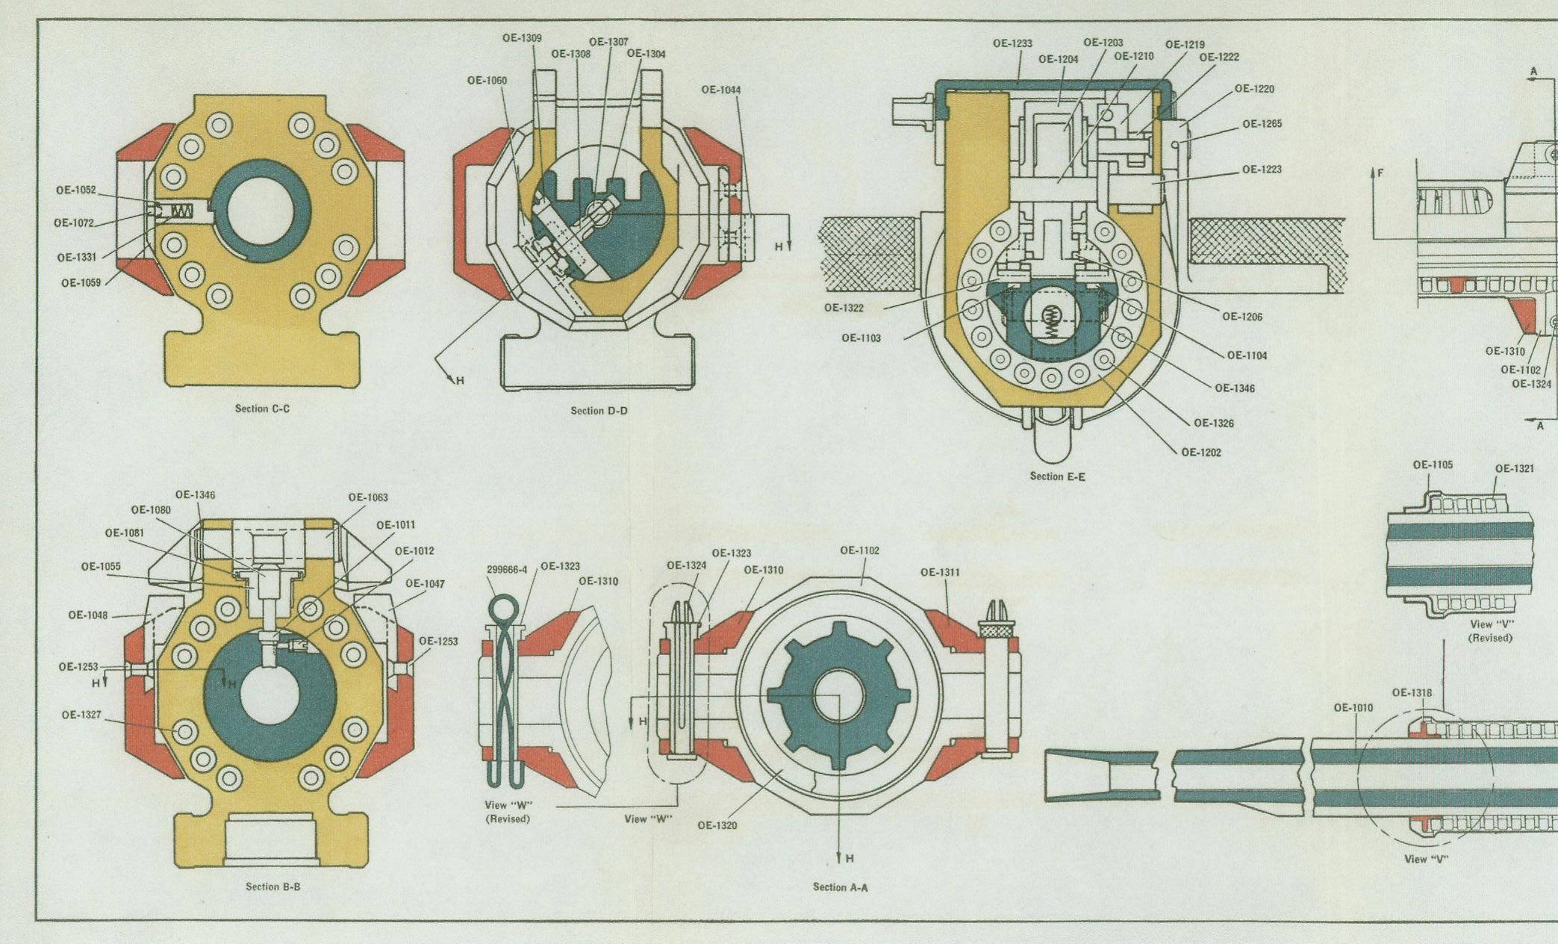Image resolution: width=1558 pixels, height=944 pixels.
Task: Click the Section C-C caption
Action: pyautogui.click(x=262, y=409)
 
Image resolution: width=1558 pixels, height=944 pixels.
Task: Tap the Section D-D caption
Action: pyautogui.click(x=599, y=411)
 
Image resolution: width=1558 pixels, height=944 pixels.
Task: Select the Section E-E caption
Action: pyautogui.click(x=1057, y=476)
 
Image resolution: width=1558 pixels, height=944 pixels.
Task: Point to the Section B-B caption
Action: pyautogui.click(x=272, y=886)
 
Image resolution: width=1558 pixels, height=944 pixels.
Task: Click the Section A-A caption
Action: pyautogui.click(x=840, y=887)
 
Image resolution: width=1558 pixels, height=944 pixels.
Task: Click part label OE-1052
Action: pyautogui.click(x=75, y=190)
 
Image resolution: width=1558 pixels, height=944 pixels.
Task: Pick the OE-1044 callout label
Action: pyautogui.click(x=721, y=90)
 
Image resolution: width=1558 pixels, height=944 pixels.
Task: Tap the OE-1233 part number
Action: pyautogui.click(x=1012, y=44)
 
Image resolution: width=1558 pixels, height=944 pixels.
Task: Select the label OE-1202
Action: pyautogui.click(x=1201, y=453)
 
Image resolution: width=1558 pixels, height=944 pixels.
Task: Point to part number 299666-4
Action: pyautogui.click(x=507, y=570)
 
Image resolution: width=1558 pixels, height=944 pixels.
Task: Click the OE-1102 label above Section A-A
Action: pyautogui.click(x=859, y=550)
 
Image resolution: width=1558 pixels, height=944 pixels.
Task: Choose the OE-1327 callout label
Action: pyautogui.click(x=81, y=715)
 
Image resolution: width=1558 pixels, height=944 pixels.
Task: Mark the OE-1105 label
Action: pyautogui.click(x=1433, y=465)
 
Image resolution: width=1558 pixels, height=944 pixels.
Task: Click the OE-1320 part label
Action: pyautogui.click(x=717, y=825)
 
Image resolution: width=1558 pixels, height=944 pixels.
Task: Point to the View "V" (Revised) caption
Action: pyautogui.click(x=1490, y=631)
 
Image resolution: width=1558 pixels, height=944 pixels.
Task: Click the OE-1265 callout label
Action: pyautogui.click(x=1262, y=124)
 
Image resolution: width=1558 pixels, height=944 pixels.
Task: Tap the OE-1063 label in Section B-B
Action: pyautogui.click(x=368, y=497)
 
